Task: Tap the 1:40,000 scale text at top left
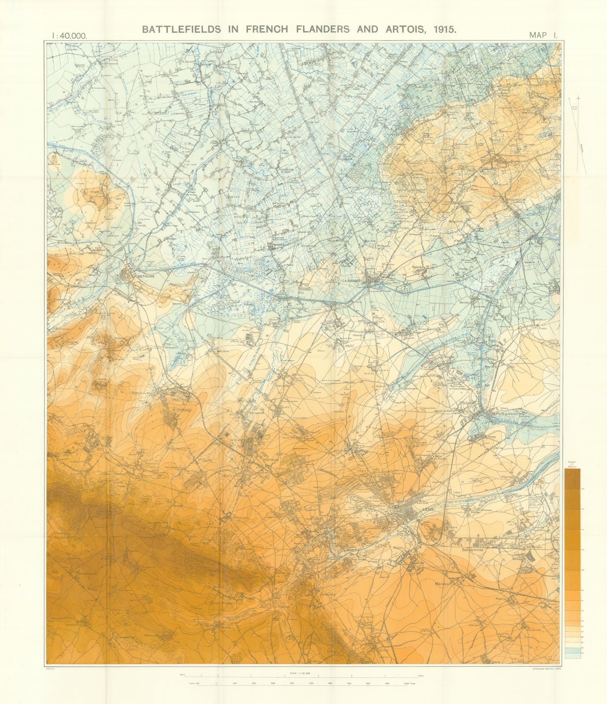70,36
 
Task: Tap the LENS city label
427,509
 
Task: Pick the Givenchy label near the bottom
328,594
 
